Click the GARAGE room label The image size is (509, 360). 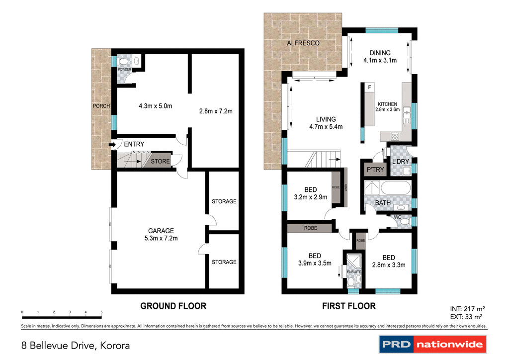tap(161, 231)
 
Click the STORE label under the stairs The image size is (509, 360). tap(160, 162)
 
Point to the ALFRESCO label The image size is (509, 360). tap(303, 43)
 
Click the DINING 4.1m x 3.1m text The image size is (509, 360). tap(379, 57)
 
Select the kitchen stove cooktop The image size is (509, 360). tap(396, 136)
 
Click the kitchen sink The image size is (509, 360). tap(407, 115)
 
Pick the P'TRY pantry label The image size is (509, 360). tap(375, 170)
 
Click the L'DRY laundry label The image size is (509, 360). tap(400, 163)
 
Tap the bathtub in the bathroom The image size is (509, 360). tap(396, 189)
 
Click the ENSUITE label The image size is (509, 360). tap(353, 272)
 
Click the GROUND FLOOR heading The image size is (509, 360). tap(173, 306)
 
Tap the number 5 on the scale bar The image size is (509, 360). tap(101, 312)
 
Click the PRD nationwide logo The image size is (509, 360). tap(432, 344)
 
